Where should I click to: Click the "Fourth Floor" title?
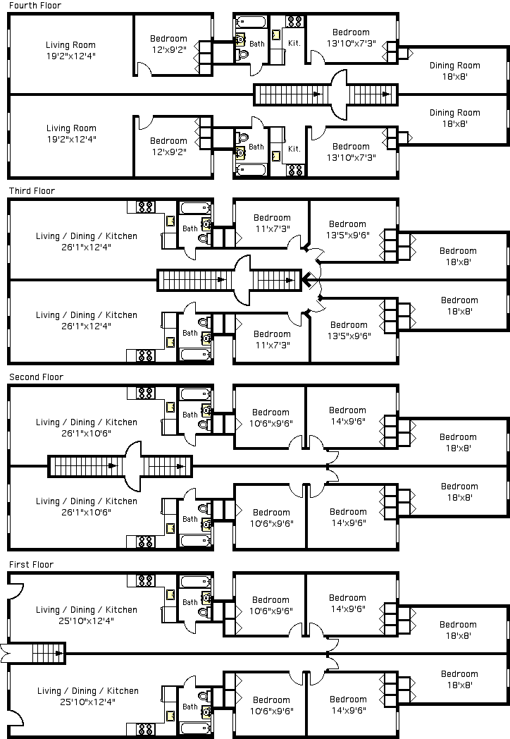pos(35,6)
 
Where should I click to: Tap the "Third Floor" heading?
pos(32,191)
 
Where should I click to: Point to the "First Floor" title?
pos(31,565)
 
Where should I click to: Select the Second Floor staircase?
pos(120,466)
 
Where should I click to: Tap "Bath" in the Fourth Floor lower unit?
pos(256,147)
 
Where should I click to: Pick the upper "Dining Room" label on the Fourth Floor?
pos(454,66)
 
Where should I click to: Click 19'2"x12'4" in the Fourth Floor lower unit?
pos(71,140)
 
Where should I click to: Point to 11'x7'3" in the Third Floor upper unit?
pos(271,228)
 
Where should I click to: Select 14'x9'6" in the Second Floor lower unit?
pos(347,523)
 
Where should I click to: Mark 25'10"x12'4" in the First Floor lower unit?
pos(87,702)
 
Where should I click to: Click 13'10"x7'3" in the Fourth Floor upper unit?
pos(351,44)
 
